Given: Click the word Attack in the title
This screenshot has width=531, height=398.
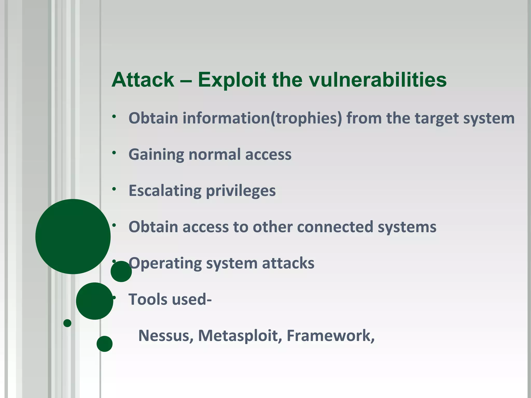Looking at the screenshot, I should pyautogui.click(x=143, y=80).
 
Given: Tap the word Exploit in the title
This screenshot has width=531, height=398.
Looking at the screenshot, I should pyautogui.click(x=232, y=80).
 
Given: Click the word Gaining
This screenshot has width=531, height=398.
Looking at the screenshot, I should pyautogui.click(x=156, y=155).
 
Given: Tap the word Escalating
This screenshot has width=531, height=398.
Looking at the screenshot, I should pyautogui.click(x=165, y=191).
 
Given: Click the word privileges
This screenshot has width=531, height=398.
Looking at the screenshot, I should pyautogui.click(x=241, y=191).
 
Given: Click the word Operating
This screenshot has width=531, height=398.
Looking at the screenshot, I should pyautogui.click(x=165, y=263).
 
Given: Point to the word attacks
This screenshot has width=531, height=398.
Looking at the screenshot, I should pyautogui.click(x=288, y=263).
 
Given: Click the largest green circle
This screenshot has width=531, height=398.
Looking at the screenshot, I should pyautogui.click(x=73, y=236).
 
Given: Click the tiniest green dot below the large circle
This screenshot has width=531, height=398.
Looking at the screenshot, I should pyautogui.click(x=67, y=323).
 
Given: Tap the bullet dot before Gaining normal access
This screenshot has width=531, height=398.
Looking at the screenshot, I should pyautogui.click(x=114, y=153).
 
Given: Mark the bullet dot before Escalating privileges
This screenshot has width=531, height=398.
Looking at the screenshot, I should pyautogui.click(x=114, y=189).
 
